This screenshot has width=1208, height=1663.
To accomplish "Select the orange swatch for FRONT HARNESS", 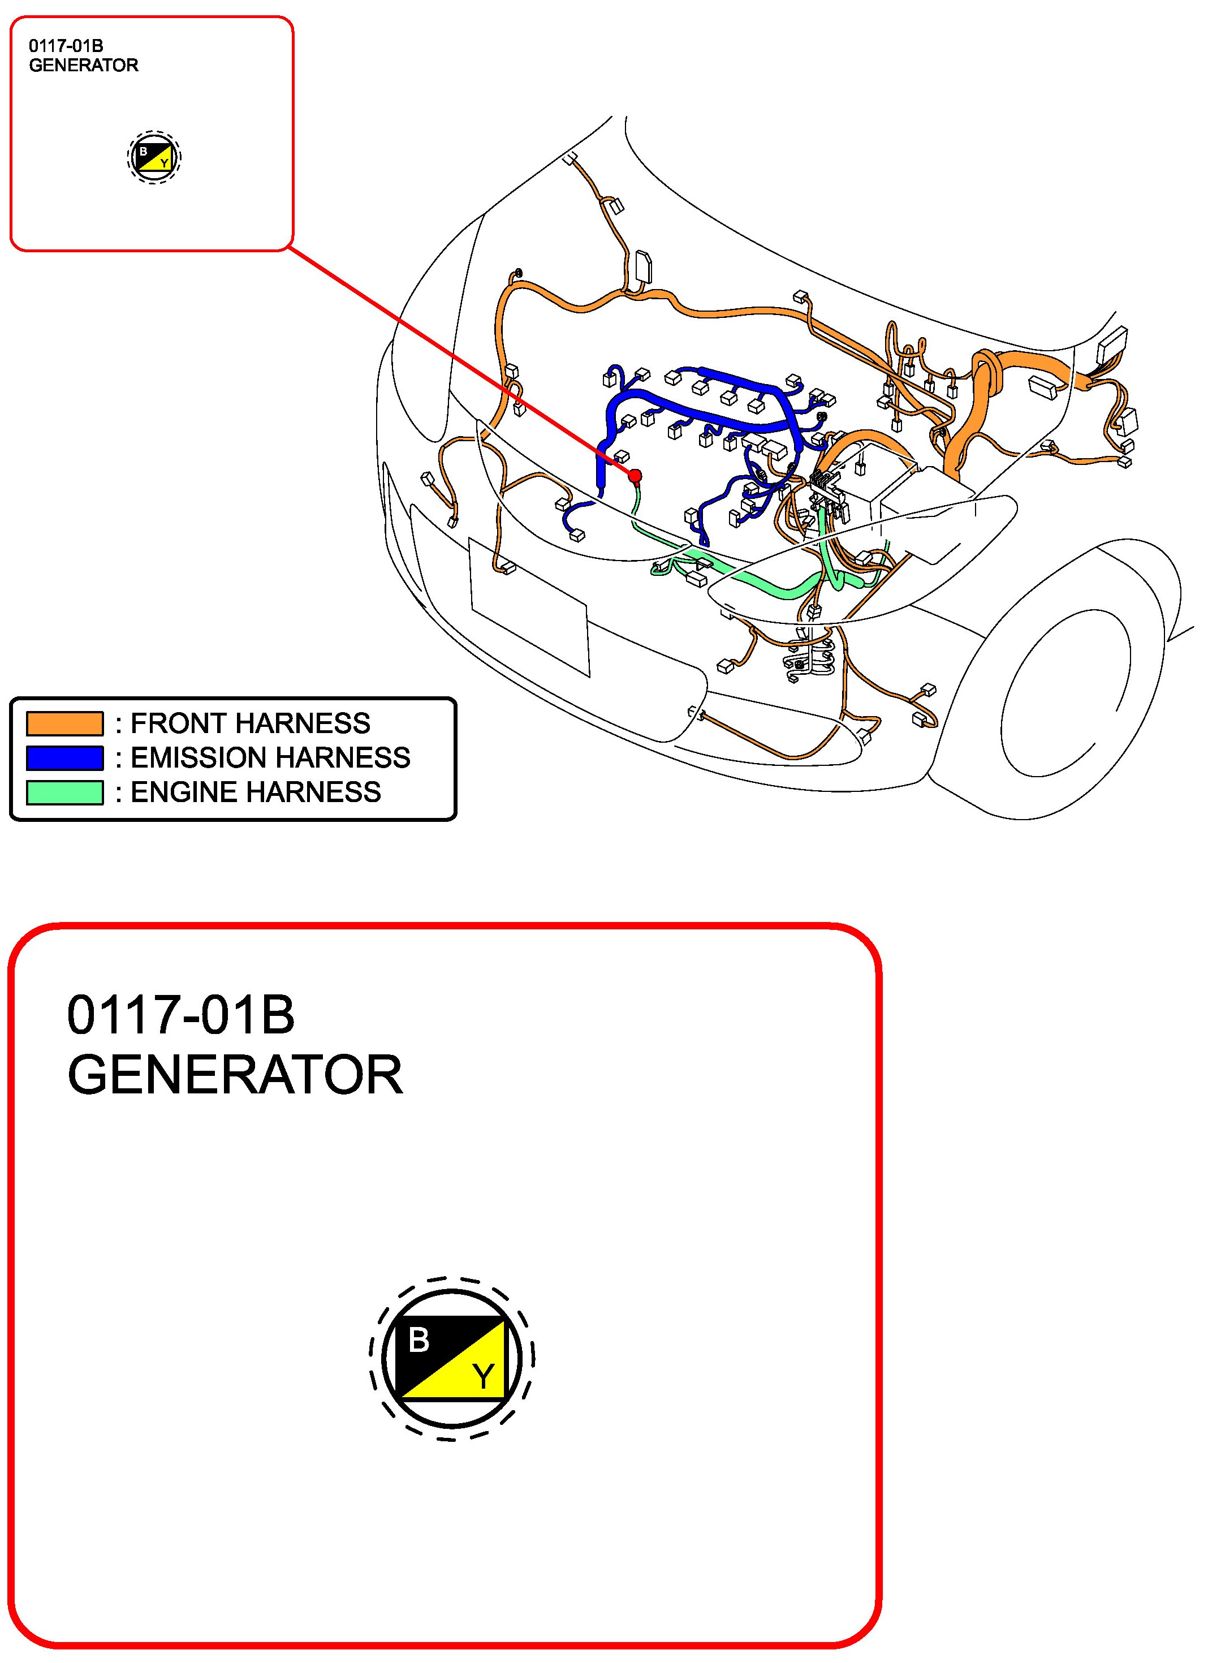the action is click(64, 723).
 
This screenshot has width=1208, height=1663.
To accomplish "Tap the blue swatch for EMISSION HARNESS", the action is click(64, 758).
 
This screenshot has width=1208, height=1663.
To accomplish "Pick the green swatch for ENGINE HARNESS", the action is click(64, 792).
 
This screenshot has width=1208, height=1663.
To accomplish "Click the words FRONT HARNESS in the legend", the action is click(251, 723).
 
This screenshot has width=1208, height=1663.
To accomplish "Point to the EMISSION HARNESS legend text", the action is click(270, 758).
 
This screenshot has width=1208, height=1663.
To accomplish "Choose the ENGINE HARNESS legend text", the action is click(256, 792).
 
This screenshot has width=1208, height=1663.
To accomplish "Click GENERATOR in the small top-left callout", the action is click(84, 65).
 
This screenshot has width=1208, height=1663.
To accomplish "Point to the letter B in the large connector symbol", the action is click(419, 1341).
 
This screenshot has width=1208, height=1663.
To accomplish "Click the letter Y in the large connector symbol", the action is click(483, 1376).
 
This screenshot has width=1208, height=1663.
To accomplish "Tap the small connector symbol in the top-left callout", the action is click(154, 157).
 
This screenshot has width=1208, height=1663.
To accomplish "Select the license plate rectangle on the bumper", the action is click(529, 607).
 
